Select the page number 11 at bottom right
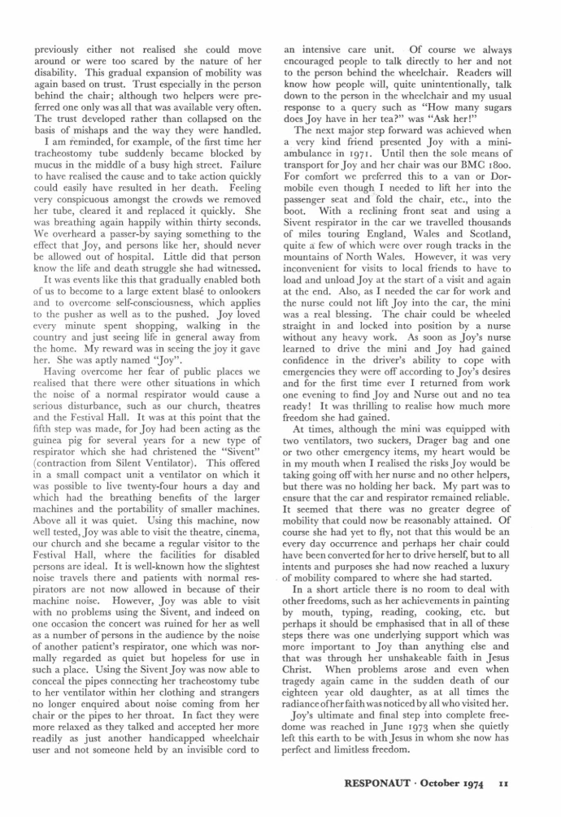tap(503, 787)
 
